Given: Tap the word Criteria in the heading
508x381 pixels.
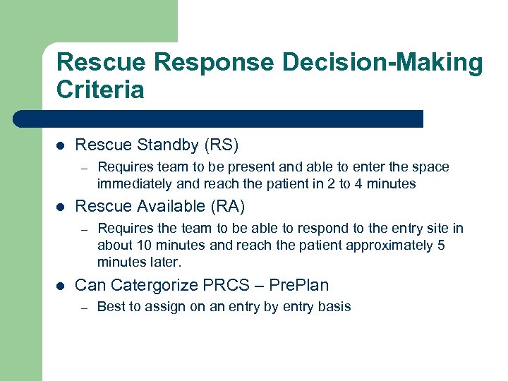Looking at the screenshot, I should point(100,90).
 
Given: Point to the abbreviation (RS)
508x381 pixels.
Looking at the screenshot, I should point(221,145).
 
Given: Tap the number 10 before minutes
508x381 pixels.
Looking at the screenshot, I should point(139,246).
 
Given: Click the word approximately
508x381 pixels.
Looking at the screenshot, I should point(382,246).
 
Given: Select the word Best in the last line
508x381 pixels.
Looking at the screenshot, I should point(110,306).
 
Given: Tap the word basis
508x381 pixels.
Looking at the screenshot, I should point(334,306).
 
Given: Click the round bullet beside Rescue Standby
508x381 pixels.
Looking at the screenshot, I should point(60,146).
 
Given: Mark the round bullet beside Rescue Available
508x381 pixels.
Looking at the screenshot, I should point(60,207).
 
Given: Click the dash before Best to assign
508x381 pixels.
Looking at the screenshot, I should point(83,307).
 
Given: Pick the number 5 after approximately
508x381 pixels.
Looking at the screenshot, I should point(440,246).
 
